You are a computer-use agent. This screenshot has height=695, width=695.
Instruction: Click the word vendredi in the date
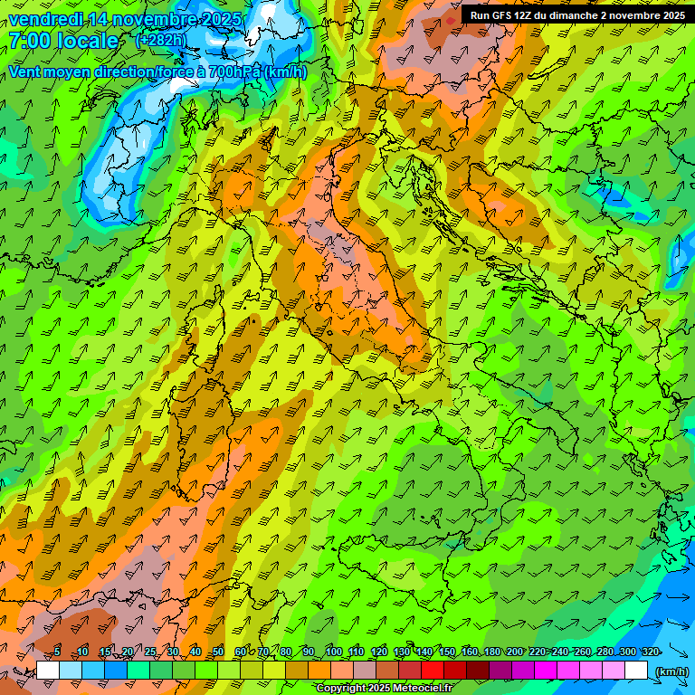click(45, 19)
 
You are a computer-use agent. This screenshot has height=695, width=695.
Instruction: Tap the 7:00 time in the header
click(27, 41)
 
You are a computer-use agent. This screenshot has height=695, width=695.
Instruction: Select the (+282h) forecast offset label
click(161, 40)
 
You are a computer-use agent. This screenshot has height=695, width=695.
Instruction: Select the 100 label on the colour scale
click(333, 652)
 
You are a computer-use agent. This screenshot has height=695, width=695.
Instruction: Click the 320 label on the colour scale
click(649, 652)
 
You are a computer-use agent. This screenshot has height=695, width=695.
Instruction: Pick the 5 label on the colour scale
click(57, 652)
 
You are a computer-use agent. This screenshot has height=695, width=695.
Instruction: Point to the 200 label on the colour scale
click(514, 652)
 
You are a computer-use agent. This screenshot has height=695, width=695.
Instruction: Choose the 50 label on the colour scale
click(218, 652)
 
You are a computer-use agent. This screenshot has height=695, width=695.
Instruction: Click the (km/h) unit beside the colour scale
click(671, 671)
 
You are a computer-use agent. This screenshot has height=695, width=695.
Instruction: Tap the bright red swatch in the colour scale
click(433, 671)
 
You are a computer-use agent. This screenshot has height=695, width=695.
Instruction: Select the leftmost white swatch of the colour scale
click(48, 671)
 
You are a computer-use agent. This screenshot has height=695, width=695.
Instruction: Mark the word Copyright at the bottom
click(341, 689)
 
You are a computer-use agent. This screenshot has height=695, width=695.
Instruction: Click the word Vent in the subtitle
click(26, 72)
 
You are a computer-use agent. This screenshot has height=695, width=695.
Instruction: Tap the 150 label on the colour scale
click(446, 652)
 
